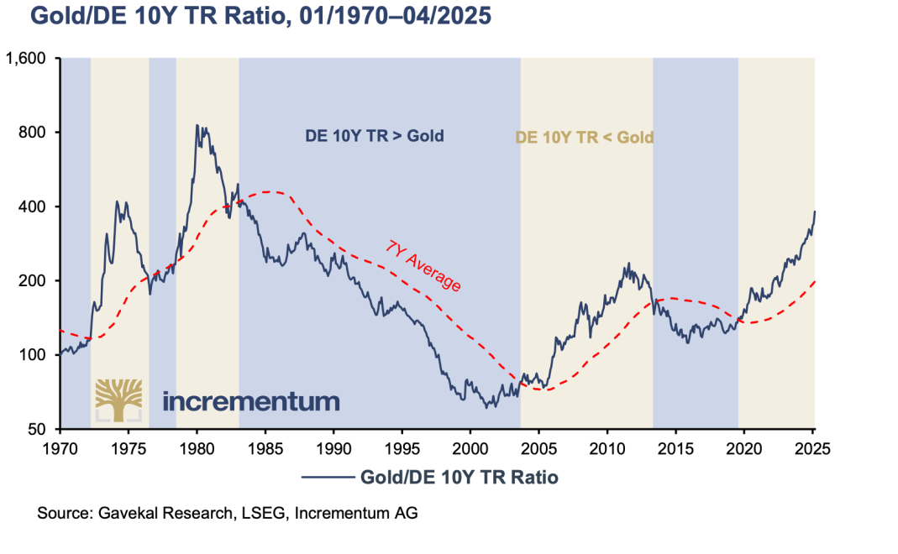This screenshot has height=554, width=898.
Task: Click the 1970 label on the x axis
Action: coord(60,447)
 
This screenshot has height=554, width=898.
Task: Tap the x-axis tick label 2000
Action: coord(470,447)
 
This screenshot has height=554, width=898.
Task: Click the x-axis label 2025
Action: coord(812,447)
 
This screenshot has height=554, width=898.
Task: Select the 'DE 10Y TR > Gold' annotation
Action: coord(373,136)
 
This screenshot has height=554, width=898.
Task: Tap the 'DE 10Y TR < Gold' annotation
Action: coord(584,137)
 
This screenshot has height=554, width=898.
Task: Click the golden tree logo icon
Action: coord(118,399)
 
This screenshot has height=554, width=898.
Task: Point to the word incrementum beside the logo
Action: coord(250,400)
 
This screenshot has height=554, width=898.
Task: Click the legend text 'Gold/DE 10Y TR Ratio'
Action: coord(459,478)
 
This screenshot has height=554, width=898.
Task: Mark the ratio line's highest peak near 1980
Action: coord(197,125)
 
